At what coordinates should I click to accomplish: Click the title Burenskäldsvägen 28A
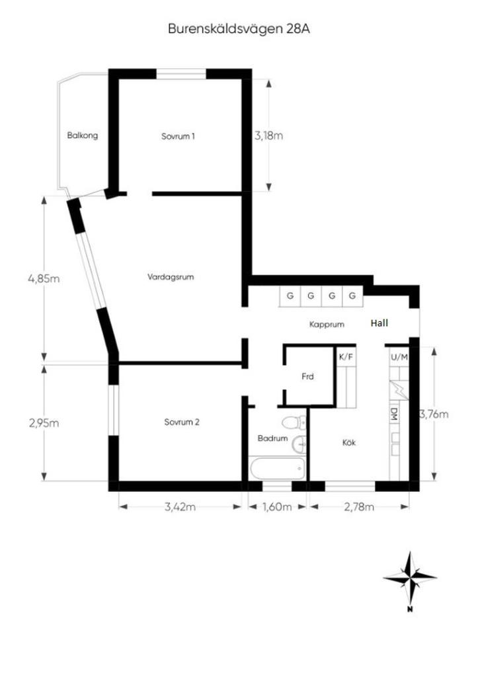click(239, 29)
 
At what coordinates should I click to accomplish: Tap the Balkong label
click(83, 136)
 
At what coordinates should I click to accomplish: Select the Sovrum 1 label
click(178, 136)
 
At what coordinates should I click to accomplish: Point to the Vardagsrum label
click(171, 277)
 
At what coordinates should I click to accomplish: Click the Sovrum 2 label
click(182, 422)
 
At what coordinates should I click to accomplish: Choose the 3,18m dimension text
click(268, 136)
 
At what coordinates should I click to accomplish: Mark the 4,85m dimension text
click(44, 278)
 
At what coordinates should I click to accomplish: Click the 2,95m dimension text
click(44, 422)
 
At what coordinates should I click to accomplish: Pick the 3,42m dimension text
click(180, 506)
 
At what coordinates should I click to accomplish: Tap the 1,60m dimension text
click(277, 506)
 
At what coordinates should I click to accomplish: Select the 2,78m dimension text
click(359, 506)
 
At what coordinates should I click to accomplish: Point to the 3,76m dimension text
click(434, 414)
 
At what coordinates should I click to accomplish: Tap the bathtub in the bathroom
click(277, 469)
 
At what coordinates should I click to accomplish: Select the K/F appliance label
click(346, 356)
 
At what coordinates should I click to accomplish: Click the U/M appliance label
click(399, 357)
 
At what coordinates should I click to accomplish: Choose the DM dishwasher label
click(394, 415)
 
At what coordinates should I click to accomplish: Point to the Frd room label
click(307, 376)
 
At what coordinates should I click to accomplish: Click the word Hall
click(379, 323)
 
